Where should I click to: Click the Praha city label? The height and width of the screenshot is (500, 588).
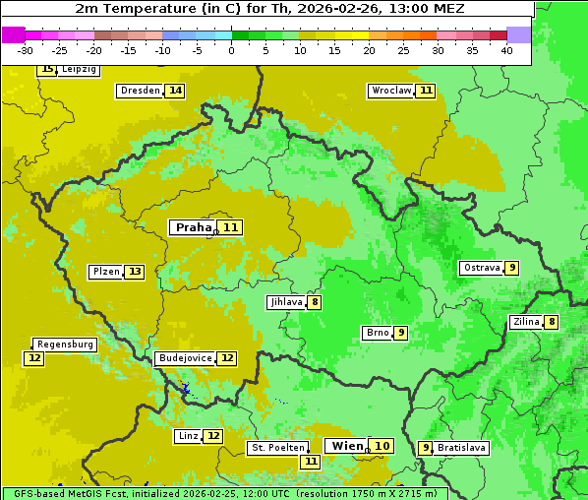pos(193,227)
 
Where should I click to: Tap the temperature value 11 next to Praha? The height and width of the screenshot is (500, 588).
pos(231,227)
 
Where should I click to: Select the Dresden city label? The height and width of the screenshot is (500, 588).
pos(140,91)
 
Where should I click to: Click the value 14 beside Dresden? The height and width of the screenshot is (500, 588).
pos(175,91)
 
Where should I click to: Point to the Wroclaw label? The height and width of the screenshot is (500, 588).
pos(390,91)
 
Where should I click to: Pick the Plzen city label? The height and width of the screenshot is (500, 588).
pos(105,272)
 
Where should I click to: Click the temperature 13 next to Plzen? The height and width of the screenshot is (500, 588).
pos(135,272)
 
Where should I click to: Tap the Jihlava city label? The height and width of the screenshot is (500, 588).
pos(285,302)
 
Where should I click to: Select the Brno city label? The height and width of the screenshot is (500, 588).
pos(378,333)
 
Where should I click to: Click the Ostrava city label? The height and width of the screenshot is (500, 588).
pos(482,268)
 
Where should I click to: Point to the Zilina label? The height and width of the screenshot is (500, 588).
pos(526,322)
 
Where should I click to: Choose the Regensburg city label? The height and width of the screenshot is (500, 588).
pos(65,344)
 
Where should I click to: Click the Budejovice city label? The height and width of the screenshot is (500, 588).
pos(184,358)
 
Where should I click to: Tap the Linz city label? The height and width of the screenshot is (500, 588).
pos(188,436)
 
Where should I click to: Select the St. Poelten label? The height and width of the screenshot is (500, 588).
pos(277,448)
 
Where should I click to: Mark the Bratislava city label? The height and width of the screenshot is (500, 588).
pos(462,448)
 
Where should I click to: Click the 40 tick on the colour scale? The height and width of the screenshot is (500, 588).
pos(506,50)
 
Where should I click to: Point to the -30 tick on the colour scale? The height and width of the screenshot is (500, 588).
pos(26,50)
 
